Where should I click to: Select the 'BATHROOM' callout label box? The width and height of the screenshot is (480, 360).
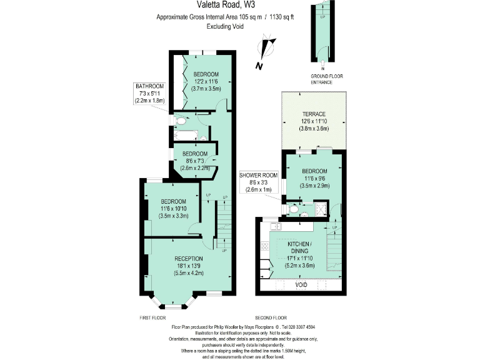[150, 93]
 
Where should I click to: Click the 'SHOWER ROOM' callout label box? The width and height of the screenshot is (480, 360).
[257, 184]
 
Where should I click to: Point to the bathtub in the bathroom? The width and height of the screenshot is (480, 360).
[186, 134]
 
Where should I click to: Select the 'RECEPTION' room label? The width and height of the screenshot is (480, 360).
[188, 258]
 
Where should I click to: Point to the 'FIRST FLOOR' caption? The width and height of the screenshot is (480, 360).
[152, 318]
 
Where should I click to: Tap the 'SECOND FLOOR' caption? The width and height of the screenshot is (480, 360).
[270, 318]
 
